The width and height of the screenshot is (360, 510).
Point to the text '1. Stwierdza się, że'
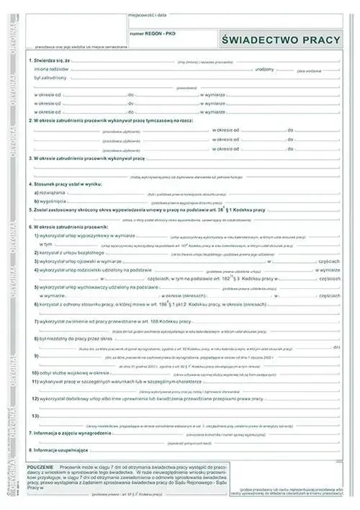click(x=50, y=61)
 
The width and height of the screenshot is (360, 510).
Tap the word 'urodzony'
click(x=264, y=68)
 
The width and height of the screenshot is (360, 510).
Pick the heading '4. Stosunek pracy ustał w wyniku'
click(x=66, y=185)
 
